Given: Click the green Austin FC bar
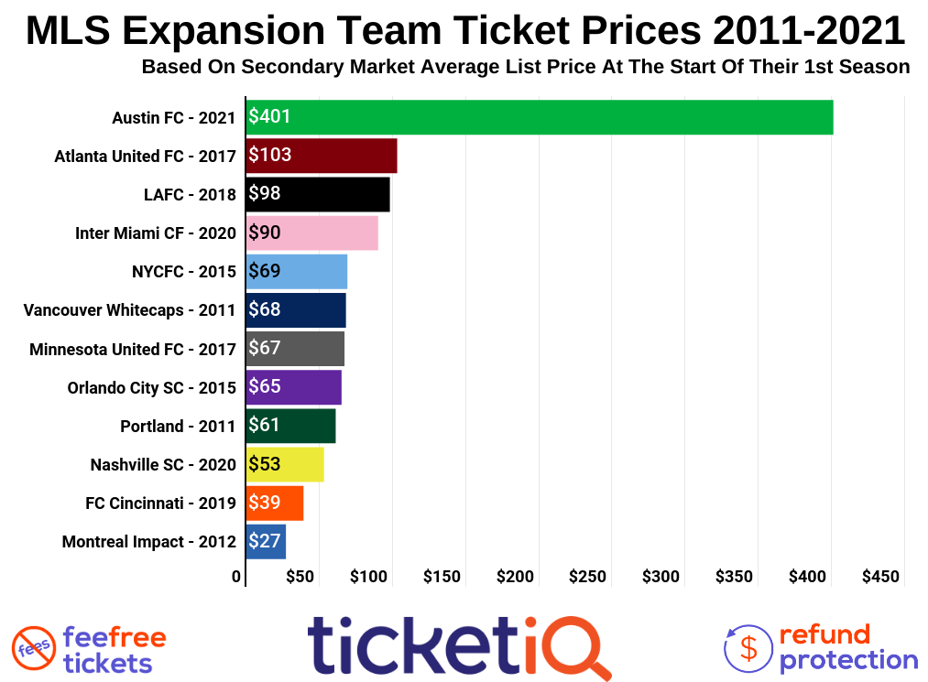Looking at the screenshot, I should pyautogui.click(x=539, y=117).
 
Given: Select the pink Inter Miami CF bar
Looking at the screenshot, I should pyautogui.click(x=312, y=233).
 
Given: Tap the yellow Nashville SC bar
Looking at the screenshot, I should pyautogui.click(x=285, y=464).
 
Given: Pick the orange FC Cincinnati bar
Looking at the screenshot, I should pyautogui.click(x=275, y=503).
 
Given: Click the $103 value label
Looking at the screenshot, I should pyautogui.click(x=270, y=155).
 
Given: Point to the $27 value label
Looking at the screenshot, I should pyautogui.click(x=265, y=541).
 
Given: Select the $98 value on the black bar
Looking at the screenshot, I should pyautogui.click(x=265, y=193).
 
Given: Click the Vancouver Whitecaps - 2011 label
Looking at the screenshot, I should pyautogui.click(x=129, y=310).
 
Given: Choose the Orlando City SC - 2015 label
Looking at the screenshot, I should pyautogui.click(x=151, y=387).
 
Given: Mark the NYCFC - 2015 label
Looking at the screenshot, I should pyautogui.click(x=183, y=272).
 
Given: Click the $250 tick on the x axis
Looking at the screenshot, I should pyautogui.click(x=587, y=577).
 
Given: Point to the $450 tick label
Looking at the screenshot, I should pyautogui.click(x=880, y=577).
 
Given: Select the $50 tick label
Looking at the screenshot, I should pyautogui.click(x=300, y=577).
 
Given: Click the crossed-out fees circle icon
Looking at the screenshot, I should pyautogui.click(x=34, y=649).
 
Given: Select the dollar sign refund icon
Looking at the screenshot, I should pyautogui.click(x=748, y=647).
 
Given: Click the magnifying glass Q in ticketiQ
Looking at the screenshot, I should pyautogui.click(x=579, y=647).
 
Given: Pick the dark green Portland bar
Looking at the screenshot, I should pyautogui.click(x=290, y=426).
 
